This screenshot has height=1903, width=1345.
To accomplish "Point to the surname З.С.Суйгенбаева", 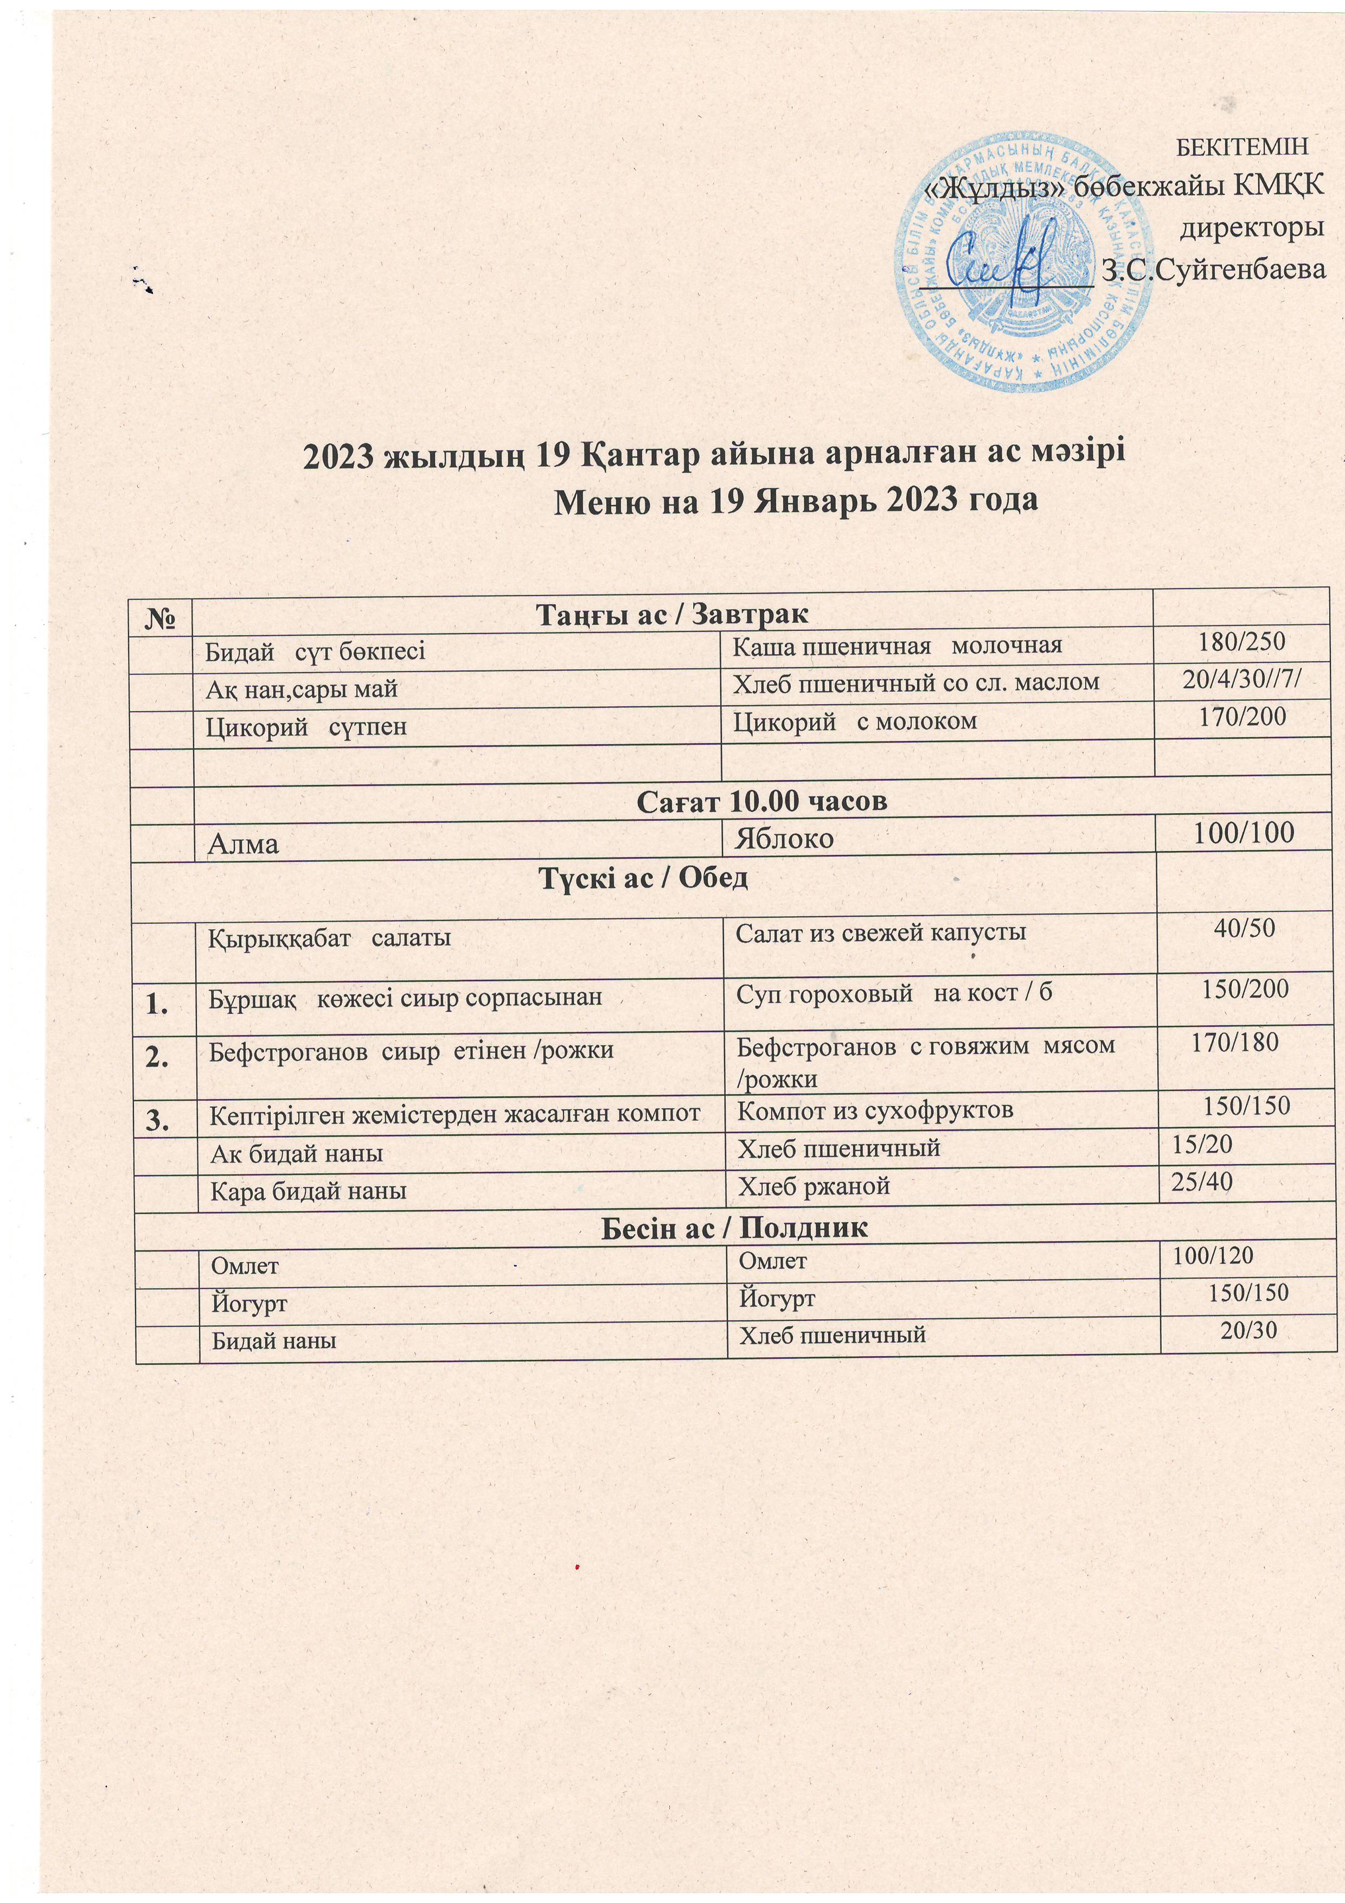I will [x=1213, y=269].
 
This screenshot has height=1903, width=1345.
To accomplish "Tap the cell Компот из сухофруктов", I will [x=875, y=1110].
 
